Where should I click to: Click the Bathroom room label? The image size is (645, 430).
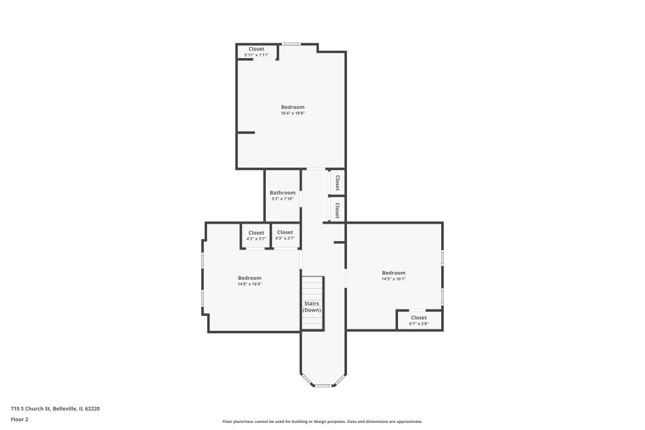283,193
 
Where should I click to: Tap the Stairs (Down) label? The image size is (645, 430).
312,307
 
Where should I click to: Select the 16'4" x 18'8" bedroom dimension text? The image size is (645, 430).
293,113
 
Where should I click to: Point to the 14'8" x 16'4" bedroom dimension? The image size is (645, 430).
250,284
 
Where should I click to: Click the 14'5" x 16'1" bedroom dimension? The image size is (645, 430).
393,279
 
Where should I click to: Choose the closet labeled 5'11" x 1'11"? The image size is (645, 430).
256,52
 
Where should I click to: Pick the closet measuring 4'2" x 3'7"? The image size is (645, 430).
256,235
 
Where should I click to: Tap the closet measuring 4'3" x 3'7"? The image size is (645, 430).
285,235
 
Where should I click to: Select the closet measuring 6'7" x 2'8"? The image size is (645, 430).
419,320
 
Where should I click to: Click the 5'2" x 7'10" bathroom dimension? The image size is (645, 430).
283,199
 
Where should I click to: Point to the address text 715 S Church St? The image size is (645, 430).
30,409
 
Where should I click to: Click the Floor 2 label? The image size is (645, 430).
19,419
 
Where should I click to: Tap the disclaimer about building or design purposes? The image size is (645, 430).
322,422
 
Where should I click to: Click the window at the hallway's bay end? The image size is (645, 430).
323,386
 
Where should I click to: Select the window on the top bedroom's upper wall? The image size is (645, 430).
292,44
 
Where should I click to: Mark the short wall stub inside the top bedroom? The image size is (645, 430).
246,133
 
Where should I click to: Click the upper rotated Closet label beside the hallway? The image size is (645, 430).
337,182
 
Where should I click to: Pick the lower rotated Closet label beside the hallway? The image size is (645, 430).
337,210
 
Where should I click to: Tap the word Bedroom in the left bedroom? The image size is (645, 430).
250,278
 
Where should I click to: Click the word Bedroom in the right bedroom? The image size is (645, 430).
393,273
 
